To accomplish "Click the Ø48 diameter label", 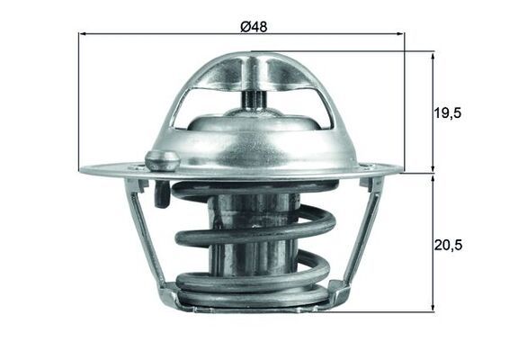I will pos(254,26).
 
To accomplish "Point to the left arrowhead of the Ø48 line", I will pos(83,35).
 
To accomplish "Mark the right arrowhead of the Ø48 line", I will pos(400,35).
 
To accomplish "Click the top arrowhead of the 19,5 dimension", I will pos(433,55).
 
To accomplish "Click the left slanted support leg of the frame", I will pos(148,238).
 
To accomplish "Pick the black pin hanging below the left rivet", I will pos(161,194).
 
